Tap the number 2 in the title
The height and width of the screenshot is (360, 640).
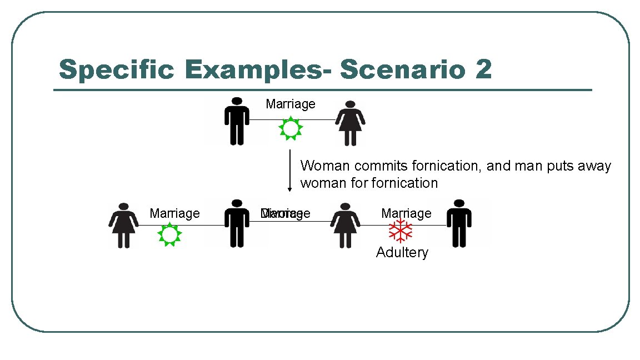483,70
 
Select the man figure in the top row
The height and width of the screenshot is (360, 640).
237,121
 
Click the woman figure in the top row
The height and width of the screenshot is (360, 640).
350,123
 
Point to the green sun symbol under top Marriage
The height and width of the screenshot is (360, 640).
289,128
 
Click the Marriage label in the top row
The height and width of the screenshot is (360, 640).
291,104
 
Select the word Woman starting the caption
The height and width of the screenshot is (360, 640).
323,166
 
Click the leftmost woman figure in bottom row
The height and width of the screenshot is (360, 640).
123,225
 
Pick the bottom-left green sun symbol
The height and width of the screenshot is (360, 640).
169,235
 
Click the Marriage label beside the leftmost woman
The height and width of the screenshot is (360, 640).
174,214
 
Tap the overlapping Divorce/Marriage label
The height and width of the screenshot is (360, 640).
286,214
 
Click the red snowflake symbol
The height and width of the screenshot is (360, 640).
400,231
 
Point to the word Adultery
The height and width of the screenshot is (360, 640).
402,253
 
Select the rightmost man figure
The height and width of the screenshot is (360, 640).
459,223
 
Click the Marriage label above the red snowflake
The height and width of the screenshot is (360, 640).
406,213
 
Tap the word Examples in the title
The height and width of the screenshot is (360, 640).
259,71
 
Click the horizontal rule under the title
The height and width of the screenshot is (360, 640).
322,90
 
